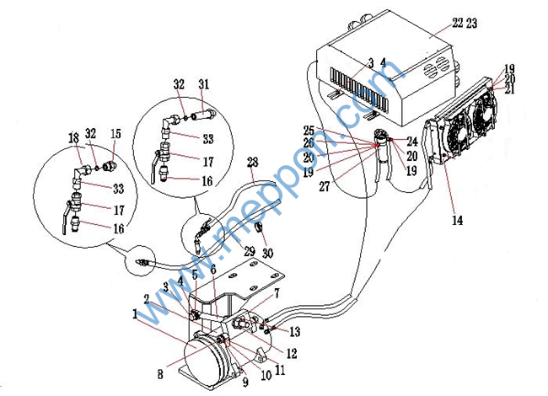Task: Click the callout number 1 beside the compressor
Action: (x=134, y=313)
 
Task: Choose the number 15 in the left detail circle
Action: (x=116, y=134)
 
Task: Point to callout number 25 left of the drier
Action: (x=309, y=131)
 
